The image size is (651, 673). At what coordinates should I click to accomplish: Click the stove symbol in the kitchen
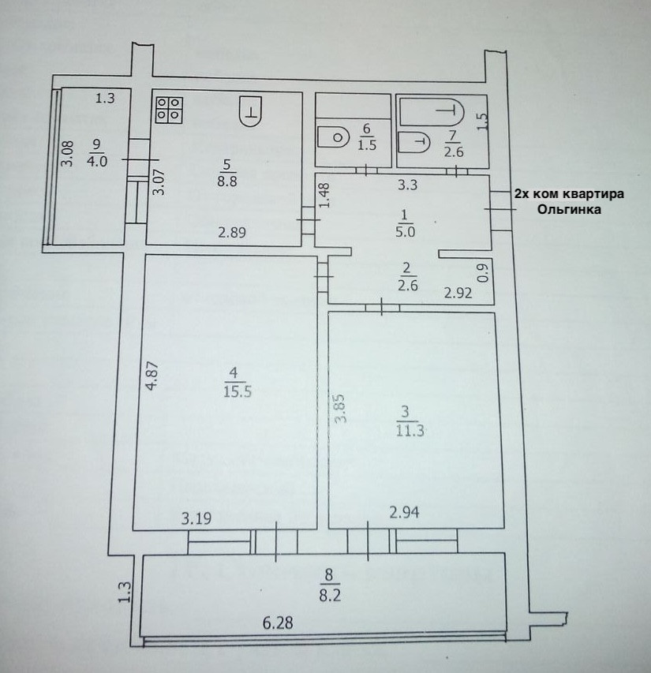point(170,110)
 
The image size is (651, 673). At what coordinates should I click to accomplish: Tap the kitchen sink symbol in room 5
point(250,110)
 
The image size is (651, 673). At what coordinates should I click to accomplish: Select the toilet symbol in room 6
point(335,137)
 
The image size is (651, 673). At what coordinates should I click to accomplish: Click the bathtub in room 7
point(430,110)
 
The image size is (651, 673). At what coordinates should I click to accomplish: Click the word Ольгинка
point(569,210)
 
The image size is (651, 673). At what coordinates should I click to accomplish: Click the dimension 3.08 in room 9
point(68,153)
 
